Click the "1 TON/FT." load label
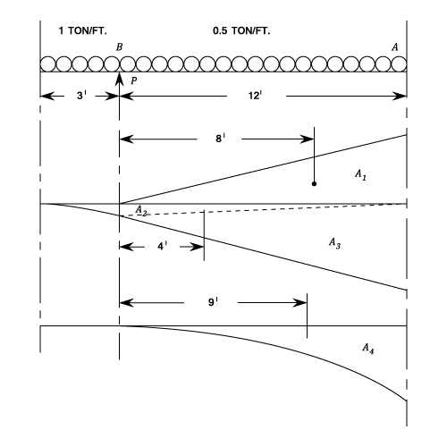pyautogui.click(x=82, y=30)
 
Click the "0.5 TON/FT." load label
pyautogui.click(x=241, y=30)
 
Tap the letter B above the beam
pyautogui.click(x=119, y=47)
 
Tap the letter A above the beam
pyautogui.click(x=395, y=47)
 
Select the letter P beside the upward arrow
pyautogui.click(x=134, y=80)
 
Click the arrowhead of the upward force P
pyautogui.click(x=119, y=79)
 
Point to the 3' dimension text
pyautogui.click(x=81, y=96)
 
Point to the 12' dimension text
pyautogui.click(x=256, y=96)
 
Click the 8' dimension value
pyautogui.click(x=220, y=139)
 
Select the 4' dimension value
pyautogui.click(x=162, y=246)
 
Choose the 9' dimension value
pyautogui.click(x=213, y=302)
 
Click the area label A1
pyautogui.click(x=360, y=174)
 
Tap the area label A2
pyautogui.click(x=141, y=210)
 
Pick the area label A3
pyautogui.click(x=334, y=243)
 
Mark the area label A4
pyautogui.click(x=368, y=349)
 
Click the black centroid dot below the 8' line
pyautogui.click(x=314, y=184)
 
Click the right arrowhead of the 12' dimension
pyautogui.click(x=400, y=97)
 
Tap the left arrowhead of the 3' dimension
pyautogui.click(x=47, y=97)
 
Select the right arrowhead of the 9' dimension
pyautogui.click(x=300, y=303)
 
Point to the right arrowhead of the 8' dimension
pyautogui.click(x=307, y=139)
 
